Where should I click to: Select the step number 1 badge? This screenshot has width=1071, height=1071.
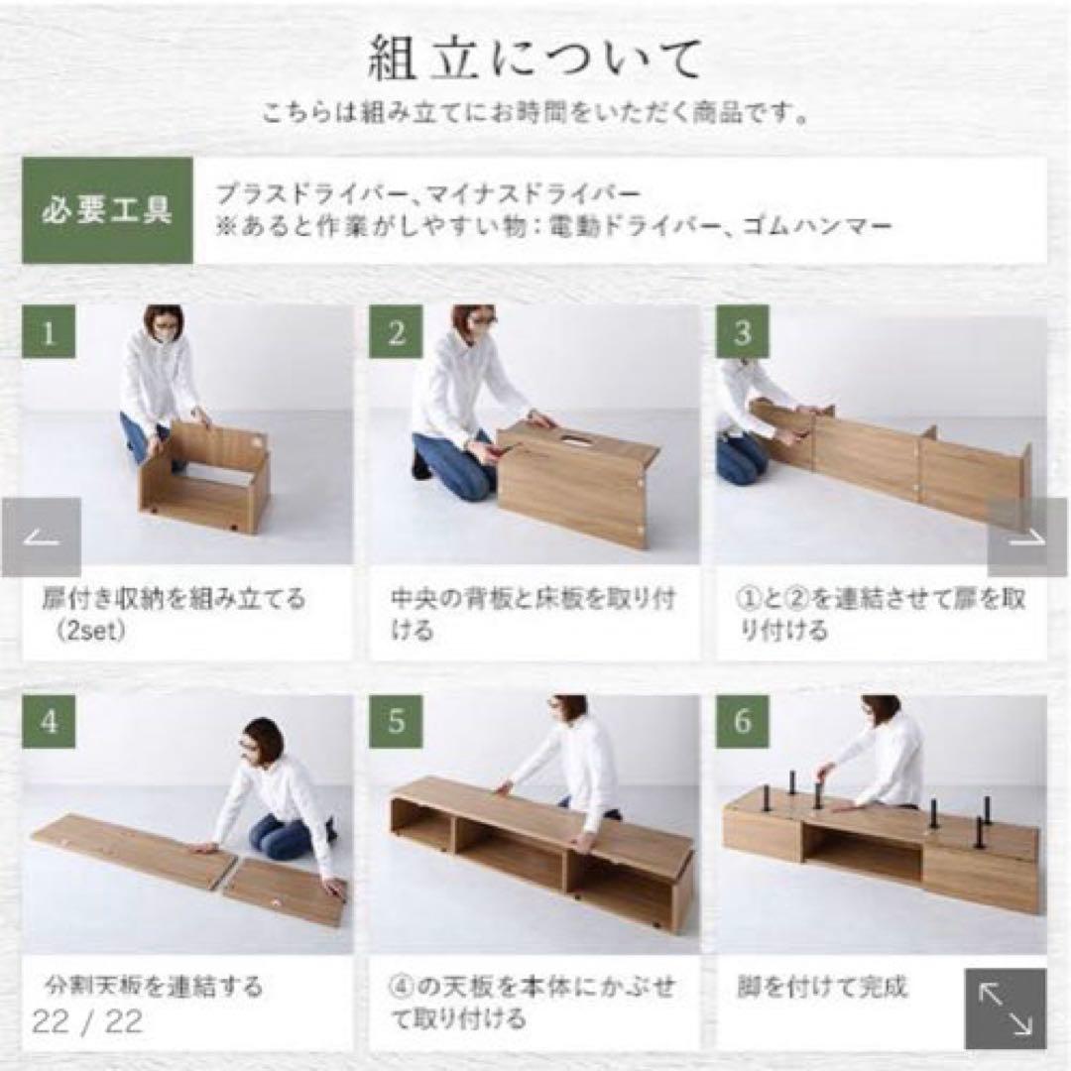[x=48, y=331]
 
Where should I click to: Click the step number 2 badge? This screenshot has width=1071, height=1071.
[x=396, y=331]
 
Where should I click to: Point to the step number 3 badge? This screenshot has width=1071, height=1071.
[x=743, y=331]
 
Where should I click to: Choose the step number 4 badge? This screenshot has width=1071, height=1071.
[x=48, y=721]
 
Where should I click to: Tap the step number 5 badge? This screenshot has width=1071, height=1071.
[x=396, y=721]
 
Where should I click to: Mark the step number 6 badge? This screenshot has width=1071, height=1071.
[x=743, y=721]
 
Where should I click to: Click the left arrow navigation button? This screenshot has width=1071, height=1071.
[x=42, y=537]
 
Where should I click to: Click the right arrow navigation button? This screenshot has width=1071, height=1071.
[x=1027, y=537]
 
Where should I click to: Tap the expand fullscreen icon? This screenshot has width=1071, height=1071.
[x=1006, y=1009]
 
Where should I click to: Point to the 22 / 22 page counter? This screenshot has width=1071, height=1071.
[x=87, y=1022]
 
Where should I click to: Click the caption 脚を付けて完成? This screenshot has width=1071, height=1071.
[x=822, y=988]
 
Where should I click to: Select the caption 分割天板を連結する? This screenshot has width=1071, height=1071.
[x=155, y=988]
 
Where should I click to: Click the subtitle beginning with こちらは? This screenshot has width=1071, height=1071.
[x=535, y=114]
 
